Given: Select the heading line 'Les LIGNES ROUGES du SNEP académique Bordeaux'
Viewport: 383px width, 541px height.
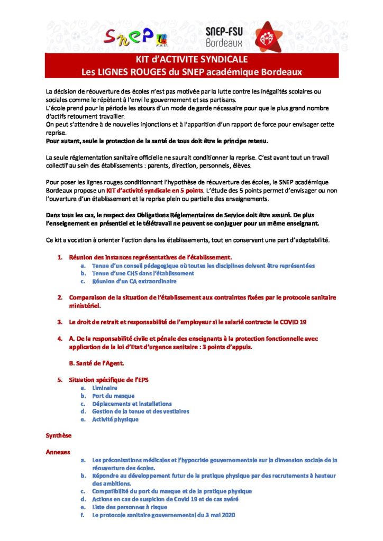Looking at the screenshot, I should pyautogui.click(x=191, y=71).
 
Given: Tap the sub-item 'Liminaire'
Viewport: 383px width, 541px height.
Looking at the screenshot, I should pyautogui.click(x=105, y=388).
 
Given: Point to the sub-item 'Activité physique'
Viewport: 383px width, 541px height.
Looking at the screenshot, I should pyautogui.click(x=115, y=419).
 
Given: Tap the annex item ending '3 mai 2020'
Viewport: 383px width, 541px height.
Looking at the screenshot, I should pyautogui.click(x=163, y=515).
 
